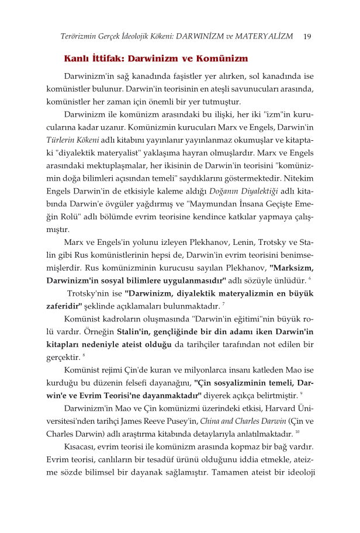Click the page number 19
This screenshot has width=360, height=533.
pyautogui.click(x=307, y=37)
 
